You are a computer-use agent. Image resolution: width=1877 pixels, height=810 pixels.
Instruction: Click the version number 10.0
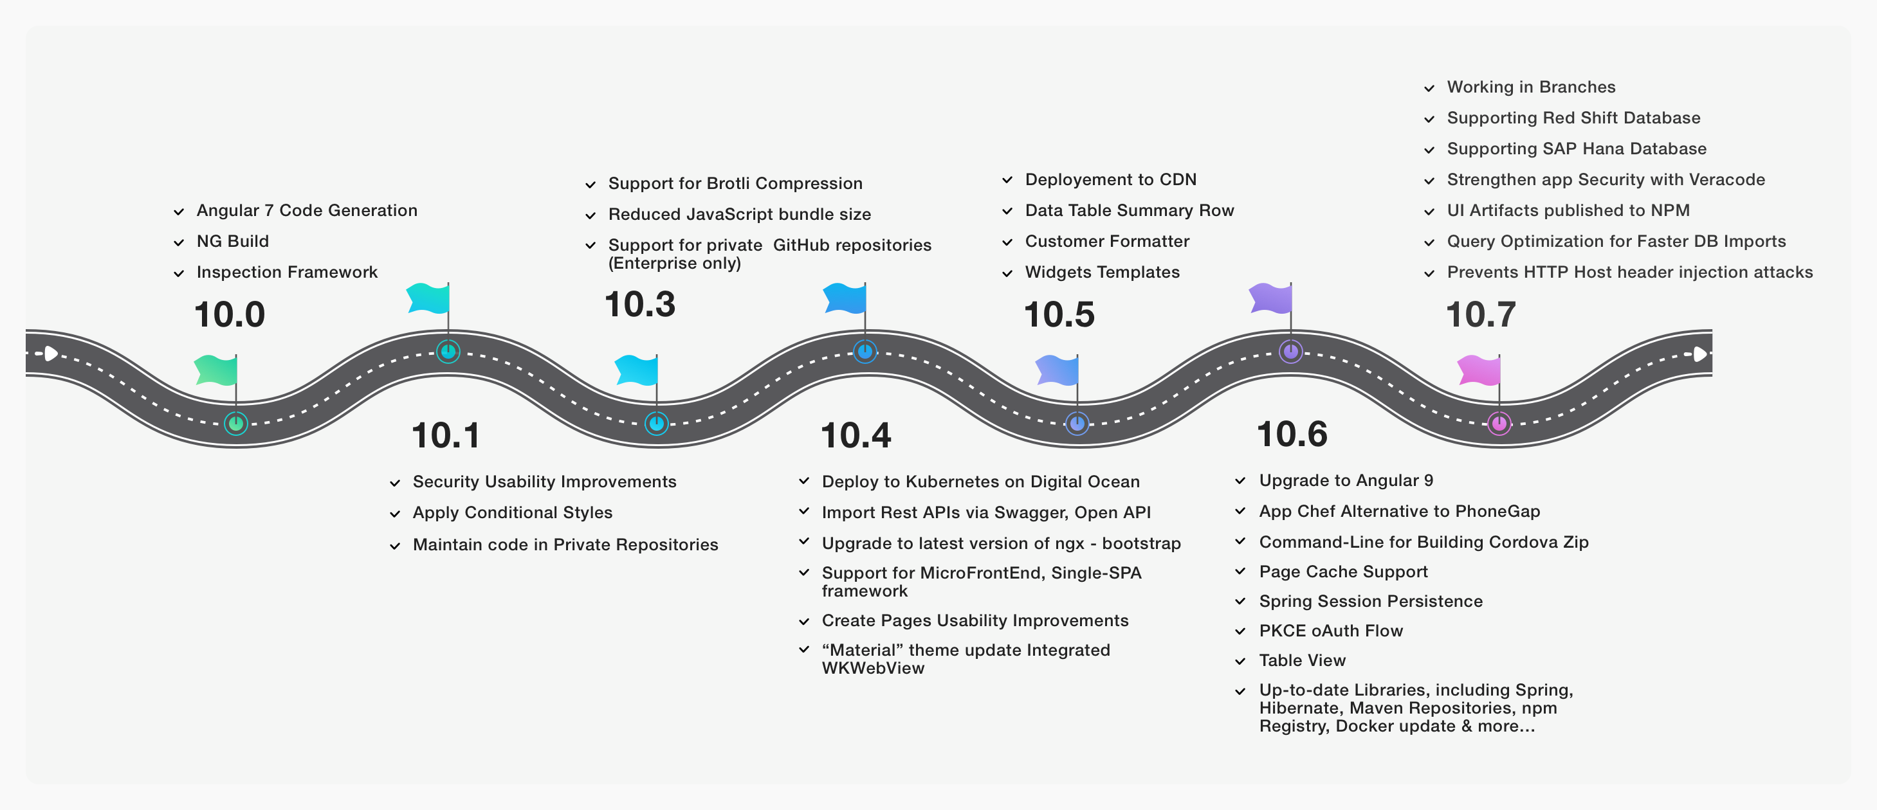[230, 314]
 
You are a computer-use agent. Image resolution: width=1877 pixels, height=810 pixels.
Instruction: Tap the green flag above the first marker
[216, 370]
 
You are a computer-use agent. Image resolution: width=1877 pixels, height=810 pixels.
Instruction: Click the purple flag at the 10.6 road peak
[1271, 298]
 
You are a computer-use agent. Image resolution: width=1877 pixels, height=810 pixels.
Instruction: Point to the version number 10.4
[856, 436]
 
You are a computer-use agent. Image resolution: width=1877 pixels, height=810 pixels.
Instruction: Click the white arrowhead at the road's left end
[51, 354]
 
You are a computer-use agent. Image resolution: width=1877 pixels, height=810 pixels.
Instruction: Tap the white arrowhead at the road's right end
[1700, 355]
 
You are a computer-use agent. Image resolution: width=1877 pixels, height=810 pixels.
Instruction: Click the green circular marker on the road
[235, 423]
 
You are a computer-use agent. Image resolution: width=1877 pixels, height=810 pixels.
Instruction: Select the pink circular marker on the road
[1499, 423]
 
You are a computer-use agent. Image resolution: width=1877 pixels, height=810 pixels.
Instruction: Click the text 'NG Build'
[232, 241]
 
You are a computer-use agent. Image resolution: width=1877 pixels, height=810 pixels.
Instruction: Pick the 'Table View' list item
[1302, 661]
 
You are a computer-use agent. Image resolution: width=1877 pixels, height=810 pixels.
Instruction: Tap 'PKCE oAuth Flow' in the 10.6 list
[1330, 631]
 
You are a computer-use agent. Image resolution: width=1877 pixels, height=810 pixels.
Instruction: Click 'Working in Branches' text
[1531, 87]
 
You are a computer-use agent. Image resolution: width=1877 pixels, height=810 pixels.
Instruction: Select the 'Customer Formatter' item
[1107, 241]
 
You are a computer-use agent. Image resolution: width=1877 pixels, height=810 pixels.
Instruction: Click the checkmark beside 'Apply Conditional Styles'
[395, 514]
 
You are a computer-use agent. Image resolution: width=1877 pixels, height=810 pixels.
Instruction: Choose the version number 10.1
[446, 436]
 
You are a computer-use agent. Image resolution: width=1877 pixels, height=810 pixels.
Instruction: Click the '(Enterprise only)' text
[674, 264]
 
